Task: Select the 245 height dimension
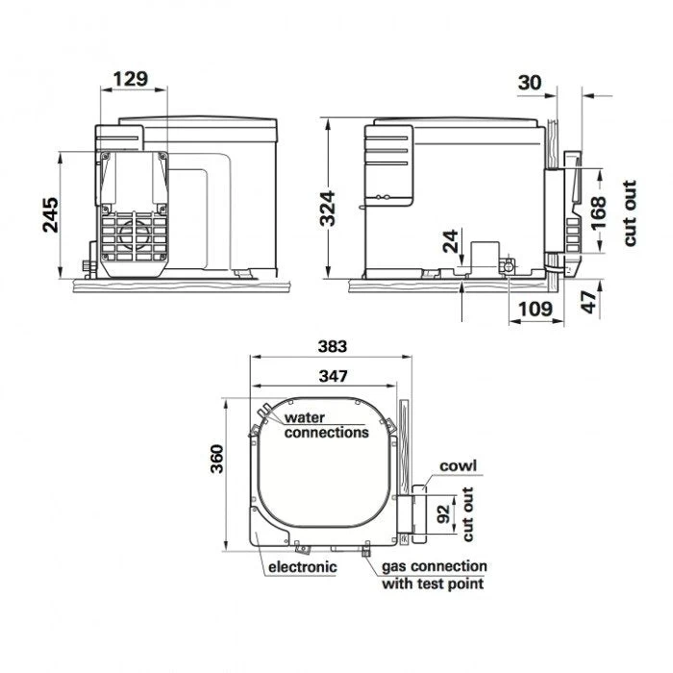tap(51, 214)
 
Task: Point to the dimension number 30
tap(531, 83)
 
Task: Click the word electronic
tap(303, 567)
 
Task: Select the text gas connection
tap(435, 566)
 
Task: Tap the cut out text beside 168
tap(630, 213)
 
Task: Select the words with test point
tap(432, 583)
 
